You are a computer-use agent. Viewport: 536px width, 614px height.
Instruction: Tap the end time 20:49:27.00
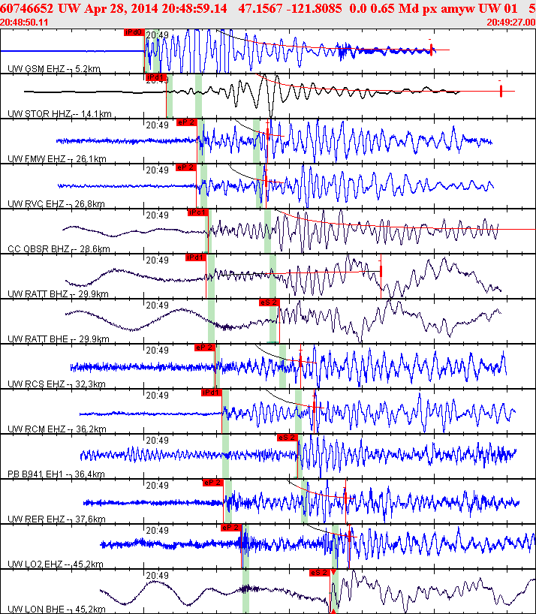pos(510,22)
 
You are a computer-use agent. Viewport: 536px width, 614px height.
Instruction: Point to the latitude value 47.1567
pos(261,8)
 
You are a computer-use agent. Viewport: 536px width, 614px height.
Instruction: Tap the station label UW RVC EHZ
pos(37,204)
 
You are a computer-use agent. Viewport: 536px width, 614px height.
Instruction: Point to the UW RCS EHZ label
pos(37,384)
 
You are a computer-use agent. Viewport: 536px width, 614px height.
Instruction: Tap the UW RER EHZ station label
pos(37,519)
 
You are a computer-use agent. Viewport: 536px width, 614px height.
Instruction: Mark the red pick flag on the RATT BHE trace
pos(269,302)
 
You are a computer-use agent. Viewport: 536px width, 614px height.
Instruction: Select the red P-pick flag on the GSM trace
pos(134,32)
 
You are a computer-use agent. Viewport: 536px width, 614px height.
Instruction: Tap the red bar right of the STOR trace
pos(501,92)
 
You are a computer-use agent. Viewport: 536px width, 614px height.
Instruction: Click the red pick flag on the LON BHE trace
pos(319,572)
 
